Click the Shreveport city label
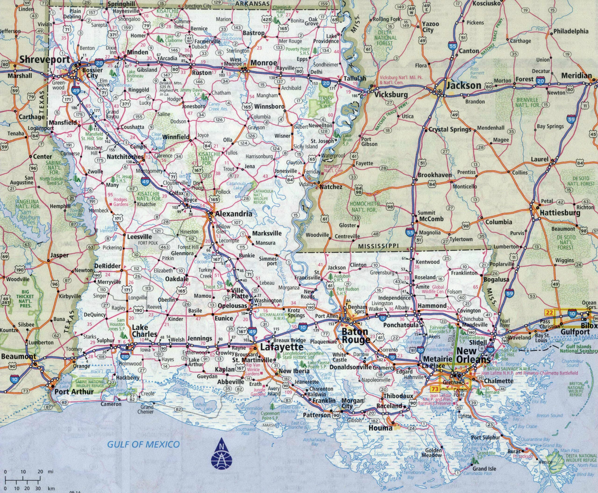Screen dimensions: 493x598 (45, 60)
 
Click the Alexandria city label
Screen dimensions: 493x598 (233, 214)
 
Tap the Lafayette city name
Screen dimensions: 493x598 (278, 347)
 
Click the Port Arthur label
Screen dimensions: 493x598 (74, 392)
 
